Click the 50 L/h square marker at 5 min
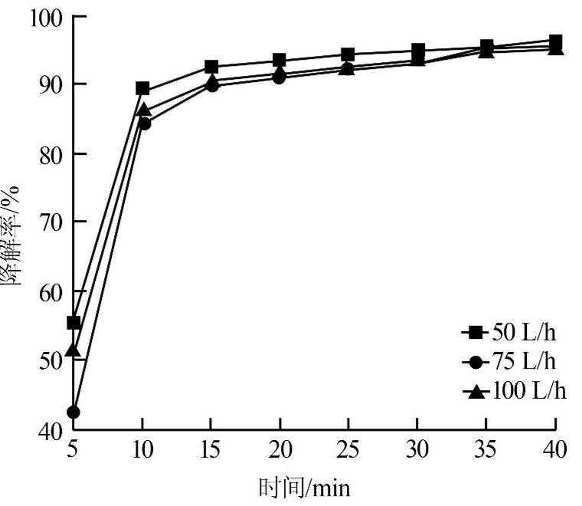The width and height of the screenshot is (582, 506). tap(74, 323)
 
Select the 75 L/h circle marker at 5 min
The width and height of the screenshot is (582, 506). tap(74, 412)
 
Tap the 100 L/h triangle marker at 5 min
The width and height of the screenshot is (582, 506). tap(74, 350)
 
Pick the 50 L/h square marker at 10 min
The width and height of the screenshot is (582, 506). tap(142, 89)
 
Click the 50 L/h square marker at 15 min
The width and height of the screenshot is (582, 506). tap(211, 67)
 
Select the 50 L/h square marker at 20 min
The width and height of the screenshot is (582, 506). tap(280, 61)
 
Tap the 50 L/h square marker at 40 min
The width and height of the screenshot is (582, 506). tap(555, 41)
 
